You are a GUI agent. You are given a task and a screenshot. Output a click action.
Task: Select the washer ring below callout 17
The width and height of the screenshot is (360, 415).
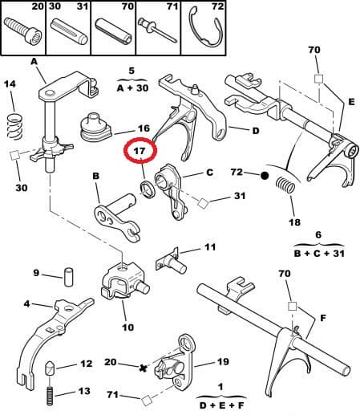[147, 190]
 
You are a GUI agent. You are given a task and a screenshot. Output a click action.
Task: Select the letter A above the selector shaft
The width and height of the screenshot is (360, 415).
[34, 61]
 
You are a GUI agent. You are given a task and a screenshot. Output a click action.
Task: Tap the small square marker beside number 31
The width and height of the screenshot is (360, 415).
[203, 203]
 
